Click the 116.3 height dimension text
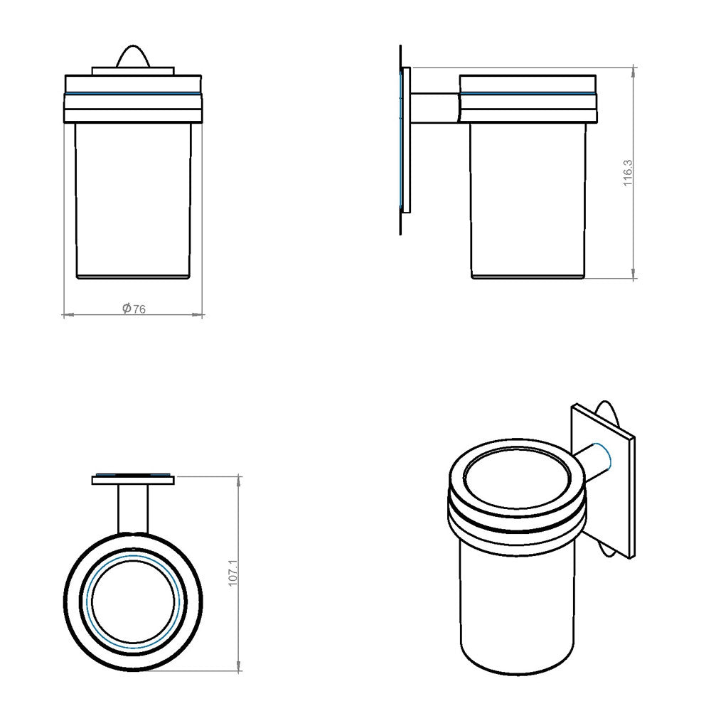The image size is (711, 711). tap(628, 173)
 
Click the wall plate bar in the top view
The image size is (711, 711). tap(133, 480)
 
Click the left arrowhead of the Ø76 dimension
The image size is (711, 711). tap(66, 314)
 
